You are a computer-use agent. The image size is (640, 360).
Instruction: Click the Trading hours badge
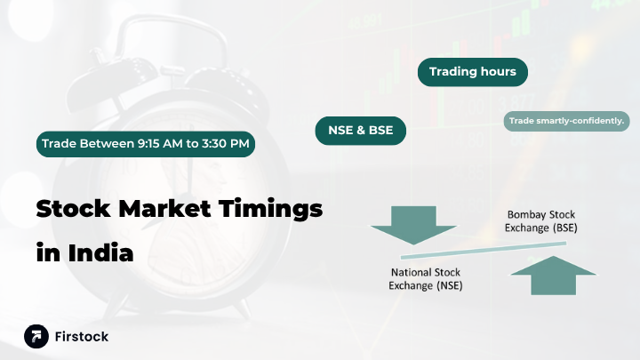coord(472,72)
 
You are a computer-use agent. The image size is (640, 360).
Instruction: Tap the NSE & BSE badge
coord(361,132)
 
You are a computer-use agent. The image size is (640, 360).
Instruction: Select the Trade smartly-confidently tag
coord(566,120)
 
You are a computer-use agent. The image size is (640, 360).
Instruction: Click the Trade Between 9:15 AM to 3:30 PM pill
coord(146,143)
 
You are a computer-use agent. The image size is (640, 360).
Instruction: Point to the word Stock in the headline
coord(73,210)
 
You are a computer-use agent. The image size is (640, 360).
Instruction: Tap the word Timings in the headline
coord(276,212)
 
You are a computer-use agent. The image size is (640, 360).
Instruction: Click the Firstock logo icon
coord(36,336)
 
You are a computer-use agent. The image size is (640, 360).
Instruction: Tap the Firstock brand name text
coord(82,337)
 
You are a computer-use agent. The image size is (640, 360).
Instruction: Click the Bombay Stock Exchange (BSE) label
coord(541,221)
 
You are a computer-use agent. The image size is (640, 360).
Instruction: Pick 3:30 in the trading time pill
coord(220,143)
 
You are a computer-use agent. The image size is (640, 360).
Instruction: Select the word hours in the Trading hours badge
coord(498,72)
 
